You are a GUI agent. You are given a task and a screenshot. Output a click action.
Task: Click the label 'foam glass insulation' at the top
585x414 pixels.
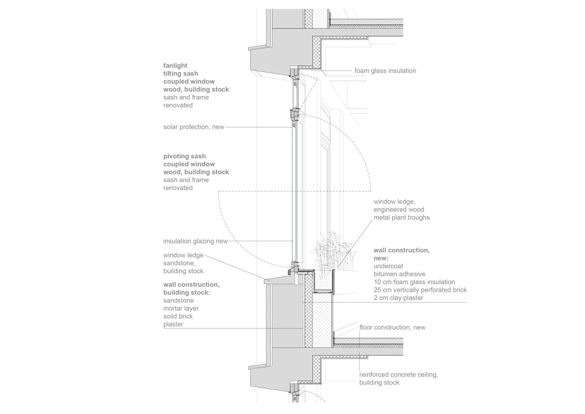point(385,70)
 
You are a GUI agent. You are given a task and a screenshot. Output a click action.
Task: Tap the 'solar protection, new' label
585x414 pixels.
point(194,126)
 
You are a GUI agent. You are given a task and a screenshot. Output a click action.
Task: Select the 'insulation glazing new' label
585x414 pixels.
point(195,241)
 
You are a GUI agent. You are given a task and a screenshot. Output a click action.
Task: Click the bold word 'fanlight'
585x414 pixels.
point(175,66)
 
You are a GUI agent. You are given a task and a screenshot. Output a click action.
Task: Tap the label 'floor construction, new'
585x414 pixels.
point(392,327)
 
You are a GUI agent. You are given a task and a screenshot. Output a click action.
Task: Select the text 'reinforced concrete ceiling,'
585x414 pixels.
point(398,374)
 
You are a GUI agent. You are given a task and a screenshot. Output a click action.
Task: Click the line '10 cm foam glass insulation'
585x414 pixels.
point(414,282)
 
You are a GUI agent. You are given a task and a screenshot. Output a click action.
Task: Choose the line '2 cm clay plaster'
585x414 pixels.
point(398,298)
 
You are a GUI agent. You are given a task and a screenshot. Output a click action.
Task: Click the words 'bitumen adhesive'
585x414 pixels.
point(399,273)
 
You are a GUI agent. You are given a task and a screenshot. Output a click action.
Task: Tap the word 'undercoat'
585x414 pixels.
point(388,266)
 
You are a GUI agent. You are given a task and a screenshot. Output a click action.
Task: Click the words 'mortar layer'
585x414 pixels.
point(181,308)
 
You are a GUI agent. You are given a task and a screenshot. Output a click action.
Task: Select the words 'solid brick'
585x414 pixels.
point(178,316)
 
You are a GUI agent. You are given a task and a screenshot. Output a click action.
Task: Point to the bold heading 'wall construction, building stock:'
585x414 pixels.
point(192,288)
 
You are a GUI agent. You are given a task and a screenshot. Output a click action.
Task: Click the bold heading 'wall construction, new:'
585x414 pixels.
point(401,254)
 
